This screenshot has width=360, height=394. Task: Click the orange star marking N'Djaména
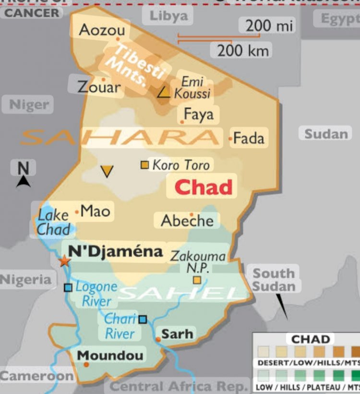point(64,261)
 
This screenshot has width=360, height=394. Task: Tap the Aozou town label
point(102,30)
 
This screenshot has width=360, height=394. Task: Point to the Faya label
point(199,114)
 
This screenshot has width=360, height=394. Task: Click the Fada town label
point(249,138)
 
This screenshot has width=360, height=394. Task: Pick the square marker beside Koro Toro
point(144,165)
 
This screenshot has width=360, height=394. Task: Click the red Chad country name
point(203,187)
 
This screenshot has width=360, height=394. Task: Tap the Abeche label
point(187,221)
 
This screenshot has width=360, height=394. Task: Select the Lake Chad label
point(54,222)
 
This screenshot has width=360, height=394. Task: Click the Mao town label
point(95,211)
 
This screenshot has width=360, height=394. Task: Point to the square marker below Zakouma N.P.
point(197,280)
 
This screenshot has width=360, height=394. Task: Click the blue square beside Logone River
point(68,287)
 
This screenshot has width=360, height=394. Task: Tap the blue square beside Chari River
point(143,319)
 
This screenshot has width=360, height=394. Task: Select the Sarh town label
point(177,333)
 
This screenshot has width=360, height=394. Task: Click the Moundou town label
point(110,356)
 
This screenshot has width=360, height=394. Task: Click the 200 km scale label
point(240,50)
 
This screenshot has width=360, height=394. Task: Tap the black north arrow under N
point(24,181)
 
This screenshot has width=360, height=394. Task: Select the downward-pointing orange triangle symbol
point(107,171)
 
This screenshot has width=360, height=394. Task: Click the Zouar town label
point(99,87)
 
